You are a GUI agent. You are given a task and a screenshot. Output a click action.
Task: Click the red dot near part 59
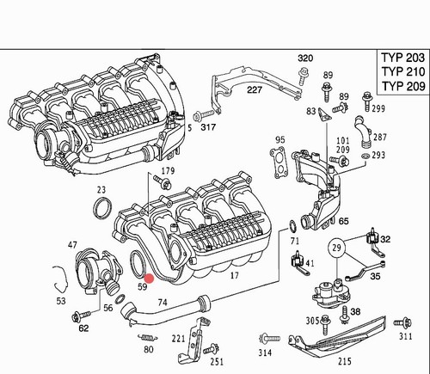tap(149, 279)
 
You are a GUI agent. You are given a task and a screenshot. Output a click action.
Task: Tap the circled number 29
tap(336, 248)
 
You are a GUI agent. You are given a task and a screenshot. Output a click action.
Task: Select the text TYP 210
tap(403, 71)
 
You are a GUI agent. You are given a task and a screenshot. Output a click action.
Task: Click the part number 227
tap(255, 90)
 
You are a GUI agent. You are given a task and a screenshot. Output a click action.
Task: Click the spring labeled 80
tap(147, 338)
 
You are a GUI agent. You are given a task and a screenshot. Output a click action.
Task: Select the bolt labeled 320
tap(302, 75)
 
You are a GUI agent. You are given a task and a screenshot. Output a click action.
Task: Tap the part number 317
tap(208, 127)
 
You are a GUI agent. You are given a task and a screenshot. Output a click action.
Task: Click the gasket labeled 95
tap(277, 162)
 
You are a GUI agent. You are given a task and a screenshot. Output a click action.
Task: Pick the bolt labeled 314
tap(270, 338)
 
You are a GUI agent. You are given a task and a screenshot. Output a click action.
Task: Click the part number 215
tap(344, 361)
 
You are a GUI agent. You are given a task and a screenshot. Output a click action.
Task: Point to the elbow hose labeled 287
tap(363, 132)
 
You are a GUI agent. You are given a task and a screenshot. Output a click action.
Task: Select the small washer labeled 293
tap(365, 156)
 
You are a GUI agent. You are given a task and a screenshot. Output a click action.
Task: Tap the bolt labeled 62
tap(81, 316)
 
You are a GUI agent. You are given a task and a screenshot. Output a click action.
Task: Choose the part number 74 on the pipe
tap(163, 302)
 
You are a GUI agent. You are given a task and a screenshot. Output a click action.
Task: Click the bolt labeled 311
tap(403, 323)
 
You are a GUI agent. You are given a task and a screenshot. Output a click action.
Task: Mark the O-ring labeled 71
tap(293, 226)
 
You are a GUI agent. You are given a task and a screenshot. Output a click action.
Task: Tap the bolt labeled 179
tap(163, 182)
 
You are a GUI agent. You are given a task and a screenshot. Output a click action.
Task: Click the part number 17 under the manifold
tap(235, 276)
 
